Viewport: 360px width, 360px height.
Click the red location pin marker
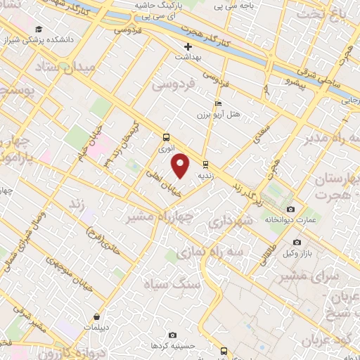point(181,166)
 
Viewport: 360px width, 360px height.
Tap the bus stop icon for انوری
point(167,137)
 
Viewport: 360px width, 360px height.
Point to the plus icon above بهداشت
point(188,46)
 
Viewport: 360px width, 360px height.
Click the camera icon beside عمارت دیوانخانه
point(291,209)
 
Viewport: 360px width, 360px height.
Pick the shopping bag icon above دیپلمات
point(96,316)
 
